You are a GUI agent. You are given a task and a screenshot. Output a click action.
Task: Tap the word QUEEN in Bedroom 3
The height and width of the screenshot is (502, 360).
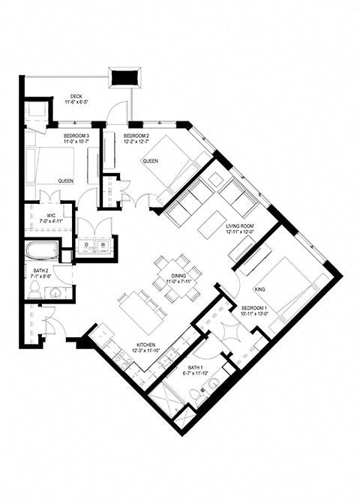pyautogui.click(x=65, y=181)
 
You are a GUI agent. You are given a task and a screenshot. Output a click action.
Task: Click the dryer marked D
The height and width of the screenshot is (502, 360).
pyautogui.click(x=87, y=245)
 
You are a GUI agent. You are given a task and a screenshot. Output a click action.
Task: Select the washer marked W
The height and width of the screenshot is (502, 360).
pyautogui.click(x=103, y=245)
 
